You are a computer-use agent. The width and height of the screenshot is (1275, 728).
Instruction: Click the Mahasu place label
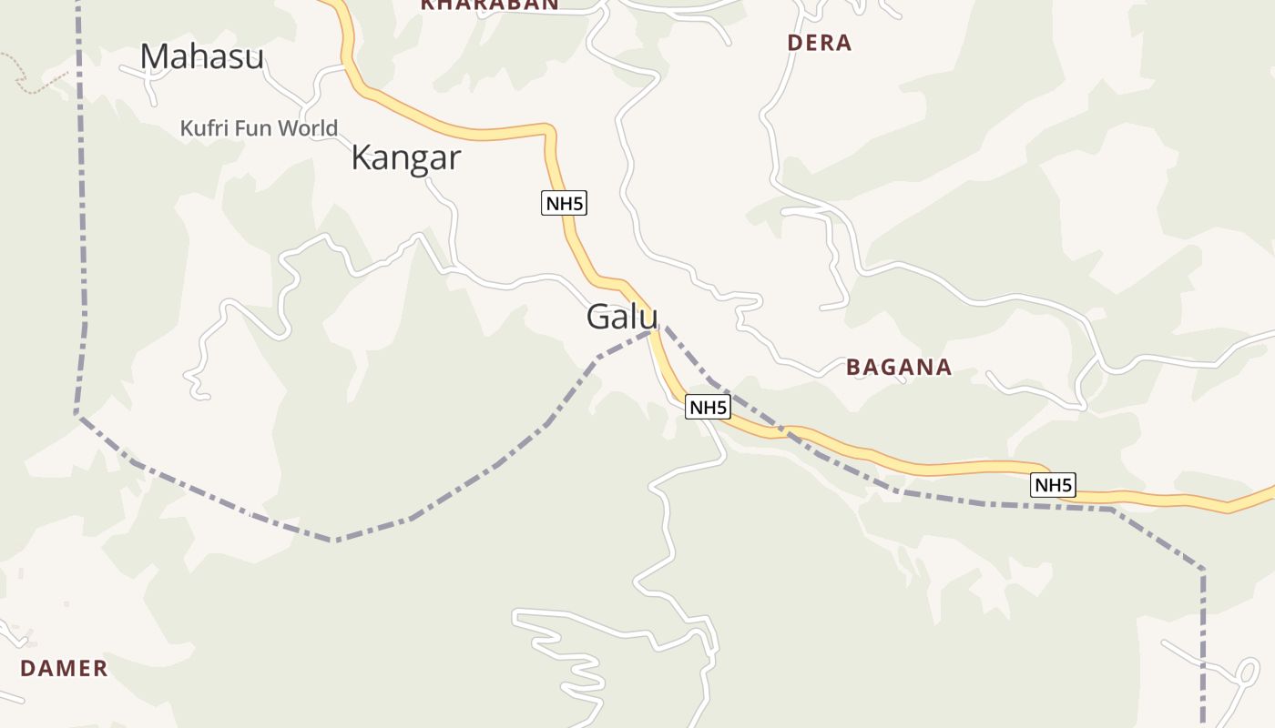click(x=201, y=56)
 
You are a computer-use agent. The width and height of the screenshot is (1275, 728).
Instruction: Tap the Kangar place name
click(x=405, y=157)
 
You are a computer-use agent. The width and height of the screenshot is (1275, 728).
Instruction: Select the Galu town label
click(x=622, y=317)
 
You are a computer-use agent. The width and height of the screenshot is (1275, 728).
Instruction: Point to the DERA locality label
click(x=819, y=43)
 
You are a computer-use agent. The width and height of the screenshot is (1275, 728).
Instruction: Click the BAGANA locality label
click(x=899, y=367)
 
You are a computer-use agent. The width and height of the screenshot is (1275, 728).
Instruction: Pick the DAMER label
click(x=64, y=668)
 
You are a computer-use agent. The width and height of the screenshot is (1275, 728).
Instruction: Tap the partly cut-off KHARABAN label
click(x=489, y=5)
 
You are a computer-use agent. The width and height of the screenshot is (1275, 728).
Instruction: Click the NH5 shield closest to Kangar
click(x=564, y=204)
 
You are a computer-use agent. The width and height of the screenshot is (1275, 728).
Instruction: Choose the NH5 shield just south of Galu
click(x=708, y=408)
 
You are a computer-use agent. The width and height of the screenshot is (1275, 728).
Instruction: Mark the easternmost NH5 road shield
click(x=1053, y=485)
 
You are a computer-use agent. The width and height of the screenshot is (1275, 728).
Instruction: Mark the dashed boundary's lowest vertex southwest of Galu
click(x=334, y=541)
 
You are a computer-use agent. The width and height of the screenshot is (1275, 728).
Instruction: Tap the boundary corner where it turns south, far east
click(x=1203, y=570)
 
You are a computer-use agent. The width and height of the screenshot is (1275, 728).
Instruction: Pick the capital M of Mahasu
click(x=154, y=56)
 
